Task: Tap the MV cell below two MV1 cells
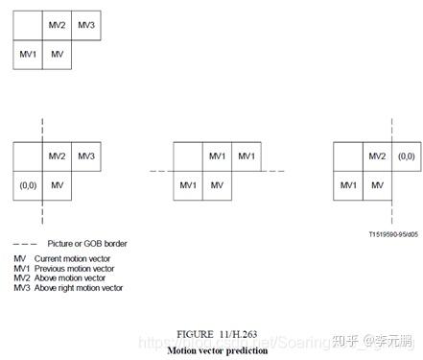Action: pos(217,184)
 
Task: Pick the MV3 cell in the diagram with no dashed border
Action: pos(85,25)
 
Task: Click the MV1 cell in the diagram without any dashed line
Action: pos(28,54)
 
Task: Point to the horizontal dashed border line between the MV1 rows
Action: pos(158,170)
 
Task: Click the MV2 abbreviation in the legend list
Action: pos(21,278)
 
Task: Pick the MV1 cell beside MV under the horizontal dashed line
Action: pos(188,184)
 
